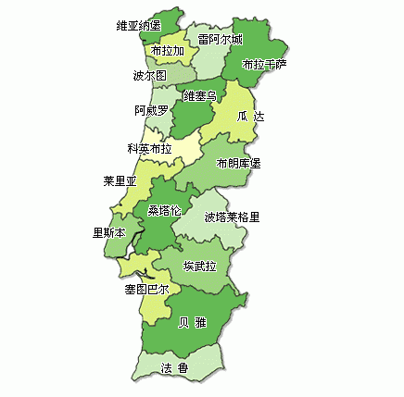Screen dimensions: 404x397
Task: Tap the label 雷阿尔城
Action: (221, 39)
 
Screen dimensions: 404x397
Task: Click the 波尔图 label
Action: (149, 75)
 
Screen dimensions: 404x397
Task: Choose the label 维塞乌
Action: (200, 95)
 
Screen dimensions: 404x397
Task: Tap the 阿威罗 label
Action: (151, 110)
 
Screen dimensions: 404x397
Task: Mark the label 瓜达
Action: (249, 118)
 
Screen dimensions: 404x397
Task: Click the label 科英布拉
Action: (149, 148)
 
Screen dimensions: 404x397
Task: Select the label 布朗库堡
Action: (238, 163)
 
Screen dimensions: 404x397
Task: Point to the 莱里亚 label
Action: (120, 181)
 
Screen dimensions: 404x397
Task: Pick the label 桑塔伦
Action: (164, 210)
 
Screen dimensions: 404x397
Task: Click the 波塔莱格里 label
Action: (232, 217)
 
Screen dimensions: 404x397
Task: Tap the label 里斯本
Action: (109, 233)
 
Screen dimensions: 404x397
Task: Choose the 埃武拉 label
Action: (200, 266)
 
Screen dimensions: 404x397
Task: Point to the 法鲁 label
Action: (174, 368)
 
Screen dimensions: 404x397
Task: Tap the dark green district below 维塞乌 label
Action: (190, 120)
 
